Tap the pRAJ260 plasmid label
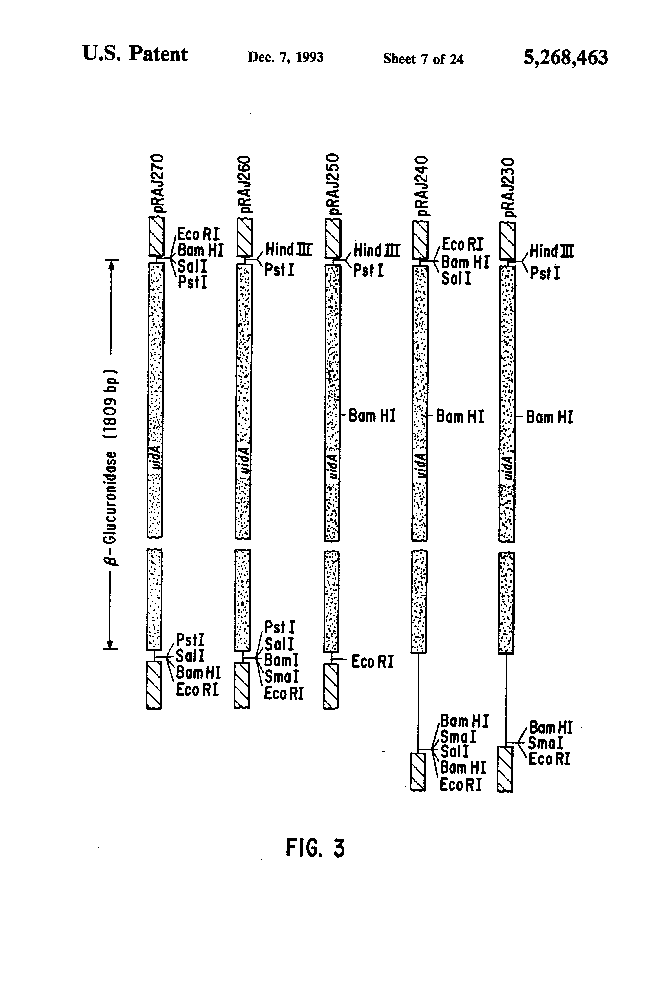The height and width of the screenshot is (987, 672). [x=246, y=184]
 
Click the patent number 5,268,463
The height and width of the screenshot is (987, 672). [x=565, y=57]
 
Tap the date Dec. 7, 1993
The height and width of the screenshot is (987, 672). [x=285, y=57]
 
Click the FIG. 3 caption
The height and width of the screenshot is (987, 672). [x=315, y=848]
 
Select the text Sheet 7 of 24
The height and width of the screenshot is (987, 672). [x=423, y=59]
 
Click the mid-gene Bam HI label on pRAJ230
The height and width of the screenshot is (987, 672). [x=549, y=417]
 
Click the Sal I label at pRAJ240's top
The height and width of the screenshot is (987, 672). [x=456, y=279]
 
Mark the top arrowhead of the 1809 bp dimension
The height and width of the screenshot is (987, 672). [x=111, y=264]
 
